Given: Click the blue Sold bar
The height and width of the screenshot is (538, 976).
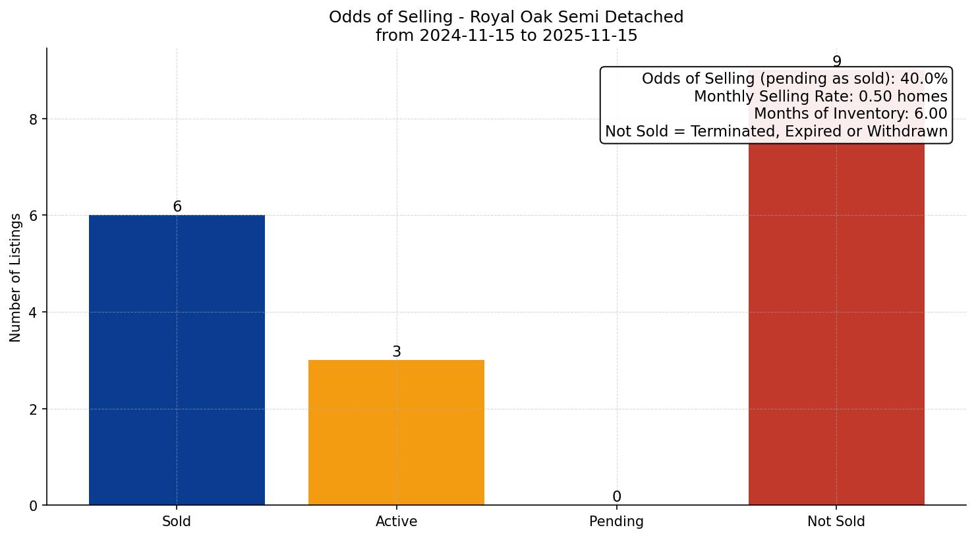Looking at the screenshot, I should [x=177, y=359].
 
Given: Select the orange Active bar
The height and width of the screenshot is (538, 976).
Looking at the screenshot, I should [x=396, y=432].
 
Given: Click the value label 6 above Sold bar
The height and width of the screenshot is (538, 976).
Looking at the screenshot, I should [x=177, y=206].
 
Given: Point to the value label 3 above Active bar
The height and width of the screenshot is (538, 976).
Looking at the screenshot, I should [x=397, y=351].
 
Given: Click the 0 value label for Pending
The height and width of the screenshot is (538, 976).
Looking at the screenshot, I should [x=617, y=496].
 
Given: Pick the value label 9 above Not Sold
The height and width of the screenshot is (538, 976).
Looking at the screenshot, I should [x=837, y=61].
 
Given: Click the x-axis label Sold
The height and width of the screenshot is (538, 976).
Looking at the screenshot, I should [x=177, y=522].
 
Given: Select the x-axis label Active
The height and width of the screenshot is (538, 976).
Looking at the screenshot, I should [x=396, y=522].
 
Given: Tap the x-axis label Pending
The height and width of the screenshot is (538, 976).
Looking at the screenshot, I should [x=616, y=522].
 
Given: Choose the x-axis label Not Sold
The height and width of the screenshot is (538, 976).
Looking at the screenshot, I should [x=836, y=522].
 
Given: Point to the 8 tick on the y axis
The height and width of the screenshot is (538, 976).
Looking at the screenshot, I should [x=34, y=119].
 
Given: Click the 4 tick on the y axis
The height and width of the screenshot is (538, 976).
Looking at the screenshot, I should [x=34, y=313].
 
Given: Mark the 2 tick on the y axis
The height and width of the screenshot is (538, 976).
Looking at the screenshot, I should [x=34, y=409].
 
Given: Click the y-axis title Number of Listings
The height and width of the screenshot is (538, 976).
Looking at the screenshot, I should [x=16, y=278].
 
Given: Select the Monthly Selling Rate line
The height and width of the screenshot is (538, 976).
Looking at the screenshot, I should [x=820, y=96].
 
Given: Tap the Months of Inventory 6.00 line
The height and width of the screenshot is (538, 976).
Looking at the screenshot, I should [x=850, y=114].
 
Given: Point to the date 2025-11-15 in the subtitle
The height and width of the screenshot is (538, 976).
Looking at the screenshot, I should [x=590, y=36].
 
